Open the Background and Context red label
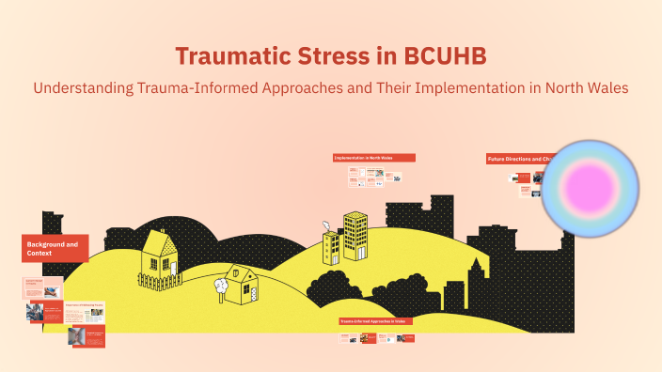(55, 248)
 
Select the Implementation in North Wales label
(373, 158)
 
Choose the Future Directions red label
(513, 159)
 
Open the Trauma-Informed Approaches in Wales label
(374, 321)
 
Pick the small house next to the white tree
(248, 285)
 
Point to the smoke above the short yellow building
(325, 225)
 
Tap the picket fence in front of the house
(160, 279)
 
